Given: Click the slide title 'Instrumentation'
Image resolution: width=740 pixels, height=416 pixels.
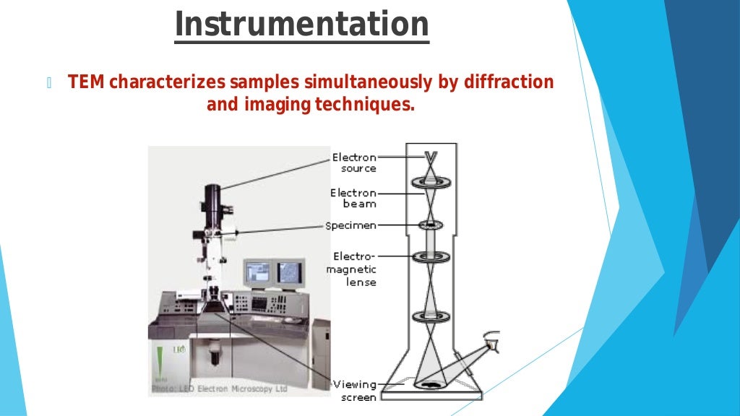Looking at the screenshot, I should [x=302, y=24].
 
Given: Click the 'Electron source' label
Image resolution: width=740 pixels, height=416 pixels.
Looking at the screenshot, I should [x=354, y=162].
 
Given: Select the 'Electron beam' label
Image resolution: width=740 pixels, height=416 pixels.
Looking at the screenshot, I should [x=354, y=198].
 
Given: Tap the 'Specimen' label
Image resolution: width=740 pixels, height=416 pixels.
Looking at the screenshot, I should [x=351, y=226].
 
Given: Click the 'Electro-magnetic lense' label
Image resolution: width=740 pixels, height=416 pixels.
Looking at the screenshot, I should [x=354, y=269].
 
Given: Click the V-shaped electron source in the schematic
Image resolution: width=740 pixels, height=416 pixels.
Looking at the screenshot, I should [x=431, y=157].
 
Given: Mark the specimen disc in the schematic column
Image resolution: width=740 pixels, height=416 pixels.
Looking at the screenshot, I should [x=431, y=225].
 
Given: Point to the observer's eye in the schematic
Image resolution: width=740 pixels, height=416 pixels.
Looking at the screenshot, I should [x=492, y=344].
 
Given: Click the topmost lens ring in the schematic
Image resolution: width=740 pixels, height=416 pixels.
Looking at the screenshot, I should [x=431, y=183].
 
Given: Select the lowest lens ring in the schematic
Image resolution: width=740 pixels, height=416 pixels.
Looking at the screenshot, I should [x=431, y=316].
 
